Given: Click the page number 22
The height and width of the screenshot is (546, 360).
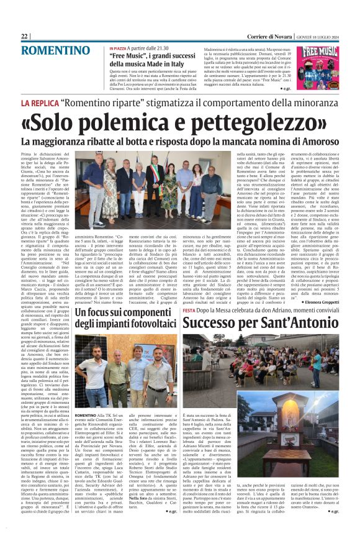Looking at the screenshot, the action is [x=25, y=37].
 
